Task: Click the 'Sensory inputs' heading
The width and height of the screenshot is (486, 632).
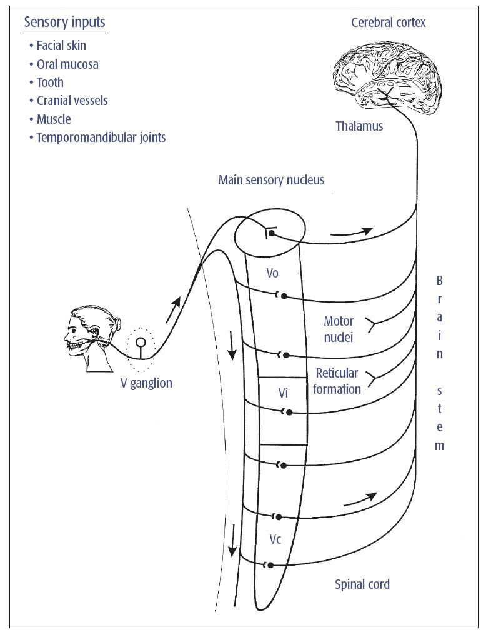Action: tap(64, 23)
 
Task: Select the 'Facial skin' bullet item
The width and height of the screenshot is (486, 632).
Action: tap(61, 46)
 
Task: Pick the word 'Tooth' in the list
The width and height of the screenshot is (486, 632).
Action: tap(50, 82)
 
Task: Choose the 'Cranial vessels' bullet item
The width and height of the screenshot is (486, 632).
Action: tap(72, 101)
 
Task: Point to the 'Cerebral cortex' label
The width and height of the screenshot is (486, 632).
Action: tap(388, 23)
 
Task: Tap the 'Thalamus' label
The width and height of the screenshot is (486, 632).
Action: tap(359, 126)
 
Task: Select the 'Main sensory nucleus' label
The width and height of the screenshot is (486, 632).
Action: tap(271, 180)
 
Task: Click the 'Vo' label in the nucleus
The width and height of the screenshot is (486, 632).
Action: tap(272, 273)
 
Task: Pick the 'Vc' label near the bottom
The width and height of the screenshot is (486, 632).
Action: tap(275, 539)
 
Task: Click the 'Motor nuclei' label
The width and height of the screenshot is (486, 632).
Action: tap(339, 329)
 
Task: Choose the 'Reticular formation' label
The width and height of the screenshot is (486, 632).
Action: tap(337, 381)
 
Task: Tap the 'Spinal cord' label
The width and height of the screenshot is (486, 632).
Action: tap(362, 584)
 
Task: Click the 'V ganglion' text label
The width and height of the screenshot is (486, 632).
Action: tap(146, 383)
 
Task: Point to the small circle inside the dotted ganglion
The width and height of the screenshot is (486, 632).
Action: tap(141, 343)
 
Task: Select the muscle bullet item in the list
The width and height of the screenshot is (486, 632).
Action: tap(54, 119)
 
